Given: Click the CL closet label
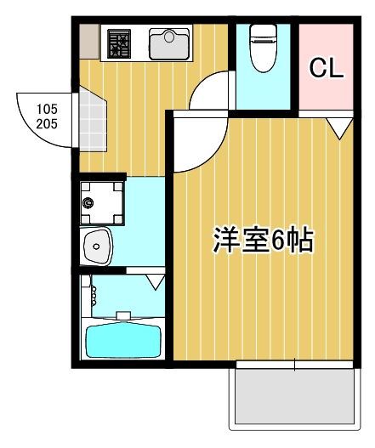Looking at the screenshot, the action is (x=327, y=68).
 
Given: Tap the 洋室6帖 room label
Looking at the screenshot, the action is (x=264, y=241).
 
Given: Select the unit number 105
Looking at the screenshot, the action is (x=47, y=109).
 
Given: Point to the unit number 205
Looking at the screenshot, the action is (x=47, y=124).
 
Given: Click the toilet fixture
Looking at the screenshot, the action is (x=264, y=48).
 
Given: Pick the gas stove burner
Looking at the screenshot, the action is (x=118, y=43).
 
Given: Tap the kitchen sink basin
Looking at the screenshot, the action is (x=169, y=43).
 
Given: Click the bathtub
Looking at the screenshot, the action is (x=123, y=340).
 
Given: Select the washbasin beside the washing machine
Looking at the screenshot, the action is (x=97, y=247).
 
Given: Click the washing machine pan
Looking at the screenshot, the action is (x=102, y=203).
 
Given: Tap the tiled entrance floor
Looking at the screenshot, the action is (x=92, y=120).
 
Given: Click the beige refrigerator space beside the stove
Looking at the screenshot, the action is (x=89, y=42).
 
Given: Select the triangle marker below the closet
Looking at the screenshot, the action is (x=339, y=128).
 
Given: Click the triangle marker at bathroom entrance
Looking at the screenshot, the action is (x=156, y=282).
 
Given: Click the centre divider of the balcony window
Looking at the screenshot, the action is (x=295, y=365).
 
